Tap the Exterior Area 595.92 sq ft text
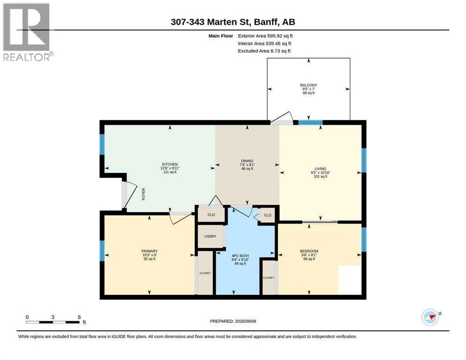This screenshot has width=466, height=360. pyautogui.click(x=265, y=36)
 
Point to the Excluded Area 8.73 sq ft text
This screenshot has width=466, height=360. pyautogui.click(x=264, y=51)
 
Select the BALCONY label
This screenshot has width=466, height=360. pyautogui.click(x=308, y=85)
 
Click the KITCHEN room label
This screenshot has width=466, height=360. pyautogui.click(x=170, y=165)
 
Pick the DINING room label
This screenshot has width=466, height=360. pyautogui.click(x=247, y=161)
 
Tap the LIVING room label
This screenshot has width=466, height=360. pyautogui.click(x=320, y=169)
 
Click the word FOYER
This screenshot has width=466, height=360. pyautogui.click(x=143, y=194)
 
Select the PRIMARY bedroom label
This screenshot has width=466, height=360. pyautogui.click(x=150, y=251)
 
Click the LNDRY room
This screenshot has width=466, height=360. pyautogui.click(x=210, y=236)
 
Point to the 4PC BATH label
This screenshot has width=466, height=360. pyautogui.click(x=240, y=255)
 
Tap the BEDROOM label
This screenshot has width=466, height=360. pyautogui.click(x=309, y=251)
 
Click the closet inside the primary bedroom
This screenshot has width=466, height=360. pyautogui.click(x=205, y=273)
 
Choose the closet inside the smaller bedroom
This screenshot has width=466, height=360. pyautogui.click(x=269, y=277)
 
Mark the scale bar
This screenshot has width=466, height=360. pyautogui.click(x=53, y=322)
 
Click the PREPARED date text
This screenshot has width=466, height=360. pyautogui.click(x=233, y=321)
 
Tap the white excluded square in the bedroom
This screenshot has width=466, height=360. pyautogui.click(x=350, y=280)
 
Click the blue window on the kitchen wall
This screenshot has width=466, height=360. pyautogui.click(x=102, y=144)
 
